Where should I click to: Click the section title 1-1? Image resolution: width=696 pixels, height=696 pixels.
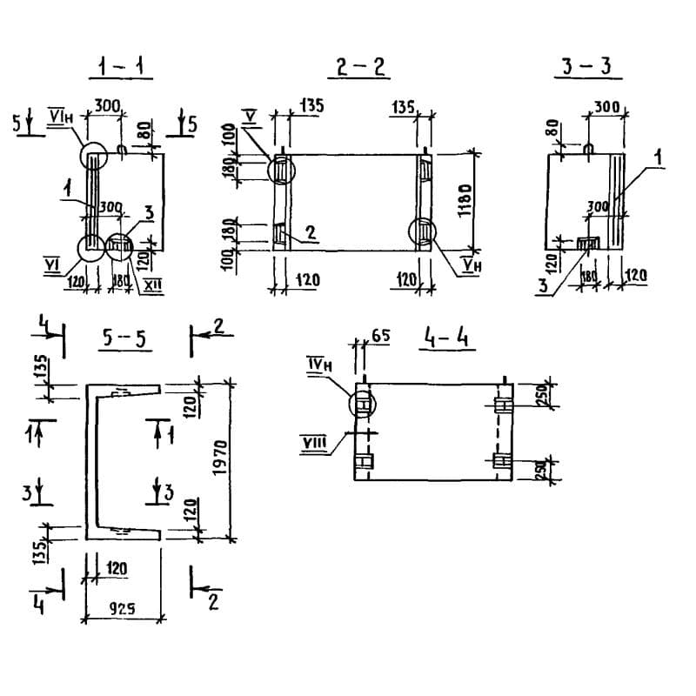coord(121,66)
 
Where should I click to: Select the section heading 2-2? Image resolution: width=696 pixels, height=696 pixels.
coord(359,66)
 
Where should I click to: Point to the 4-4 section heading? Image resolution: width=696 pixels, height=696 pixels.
coord(447,338)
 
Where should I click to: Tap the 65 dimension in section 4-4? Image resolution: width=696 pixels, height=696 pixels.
coord(379,333)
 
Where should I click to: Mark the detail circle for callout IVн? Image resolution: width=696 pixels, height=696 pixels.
coord(362,404)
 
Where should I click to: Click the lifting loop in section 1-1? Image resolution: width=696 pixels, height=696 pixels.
coord(122,151)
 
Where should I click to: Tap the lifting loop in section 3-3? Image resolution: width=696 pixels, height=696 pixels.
coord(588,151)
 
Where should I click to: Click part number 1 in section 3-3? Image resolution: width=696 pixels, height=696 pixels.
coord(659,158)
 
